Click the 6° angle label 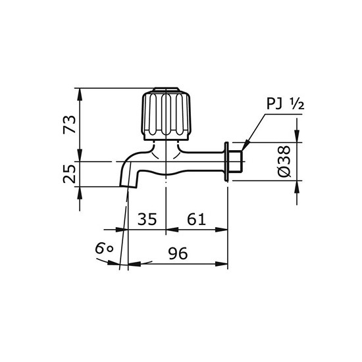(104, 249)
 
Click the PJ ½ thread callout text (285, 103)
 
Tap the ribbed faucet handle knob (165, 115)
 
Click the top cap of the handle (165, 91)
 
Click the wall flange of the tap (227, 161)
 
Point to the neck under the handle (165, 148)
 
